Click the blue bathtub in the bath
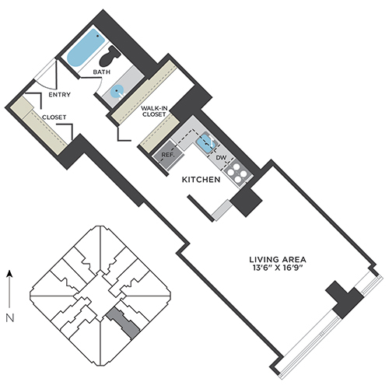coord(86,47)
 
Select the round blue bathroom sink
coord(117,91)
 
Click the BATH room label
coord(102,72)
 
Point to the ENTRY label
coord(60,95)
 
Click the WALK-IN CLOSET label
coord(154,111)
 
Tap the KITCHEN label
coord(201,180)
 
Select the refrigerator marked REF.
coord(168,155)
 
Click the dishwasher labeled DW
coord(221,157)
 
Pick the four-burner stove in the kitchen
coord(237,173)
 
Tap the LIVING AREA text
coord(278,259)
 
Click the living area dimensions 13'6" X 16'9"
coord(278,268)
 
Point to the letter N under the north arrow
coord(10,318)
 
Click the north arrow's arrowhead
coord(9,274)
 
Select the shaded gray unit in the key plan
coord(123,322)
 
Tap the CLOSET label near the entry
coord(54,117)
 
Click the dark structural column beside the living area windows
coord(345,300)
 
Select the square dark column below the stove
coord(246,202)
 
